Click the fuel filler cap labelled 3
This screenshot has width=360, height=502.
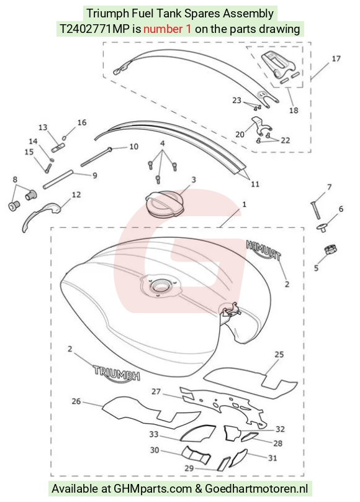[x=164, y=204]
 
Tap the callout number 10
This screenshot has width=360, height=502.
[x=133, y=147]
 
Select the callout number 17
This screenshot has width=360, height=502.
[x=336, y=58]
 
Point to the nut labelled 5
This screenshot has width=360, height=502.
[x=331, y=249]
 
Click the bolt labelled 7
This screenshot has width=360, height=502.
[x=315, y=210]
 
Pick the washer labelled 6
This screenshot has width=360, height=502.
[x=323, y=228]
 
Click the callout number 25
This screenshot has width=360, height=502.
[x=279, y=354]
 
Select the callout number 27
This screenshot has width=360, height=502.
[x=156, y=391]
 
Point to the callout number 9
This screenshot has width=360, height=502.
[x=94, y=175]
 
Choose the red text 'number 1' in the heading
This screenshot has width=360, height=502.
[x=168, y=29]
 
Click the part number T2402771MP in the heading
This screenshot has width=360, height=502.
[x=95, y=29]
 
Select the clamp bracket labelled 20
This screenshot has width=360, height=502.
[x=260, y=126]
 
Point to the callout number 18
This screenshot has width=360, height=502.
[x=294, y=111]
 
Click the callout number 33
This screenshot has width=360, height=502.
[x=154, y=434]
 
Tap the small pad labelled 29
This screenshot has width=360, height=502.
[x=223, y=464]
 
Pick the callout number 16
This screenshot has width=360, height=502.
[x=82, y=122]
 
